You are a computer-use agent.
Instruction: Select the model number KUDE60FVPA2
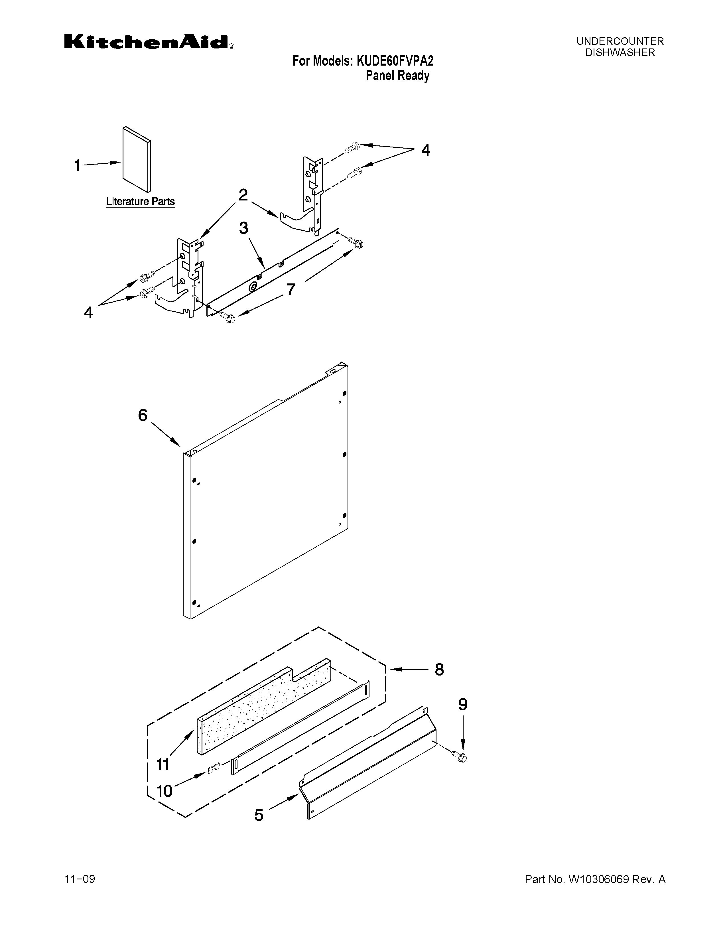[395, 61]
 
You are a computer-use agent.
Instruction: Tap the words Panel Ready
[397, 76]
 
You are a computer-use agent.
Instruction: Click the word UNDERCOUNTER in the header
[620, 41]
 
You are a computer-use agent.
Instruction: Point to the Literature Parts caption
[140, 202]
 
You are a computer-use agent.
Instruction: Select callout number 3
[244, 228]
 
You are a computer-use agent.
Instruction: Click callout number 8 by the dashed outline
[439, 669]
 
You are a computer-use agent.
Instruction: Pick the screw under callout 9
[460, 756]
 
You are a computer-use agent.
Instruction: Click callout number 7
[291, 289]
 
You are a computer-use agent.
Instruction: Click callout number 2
[243, 195]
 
